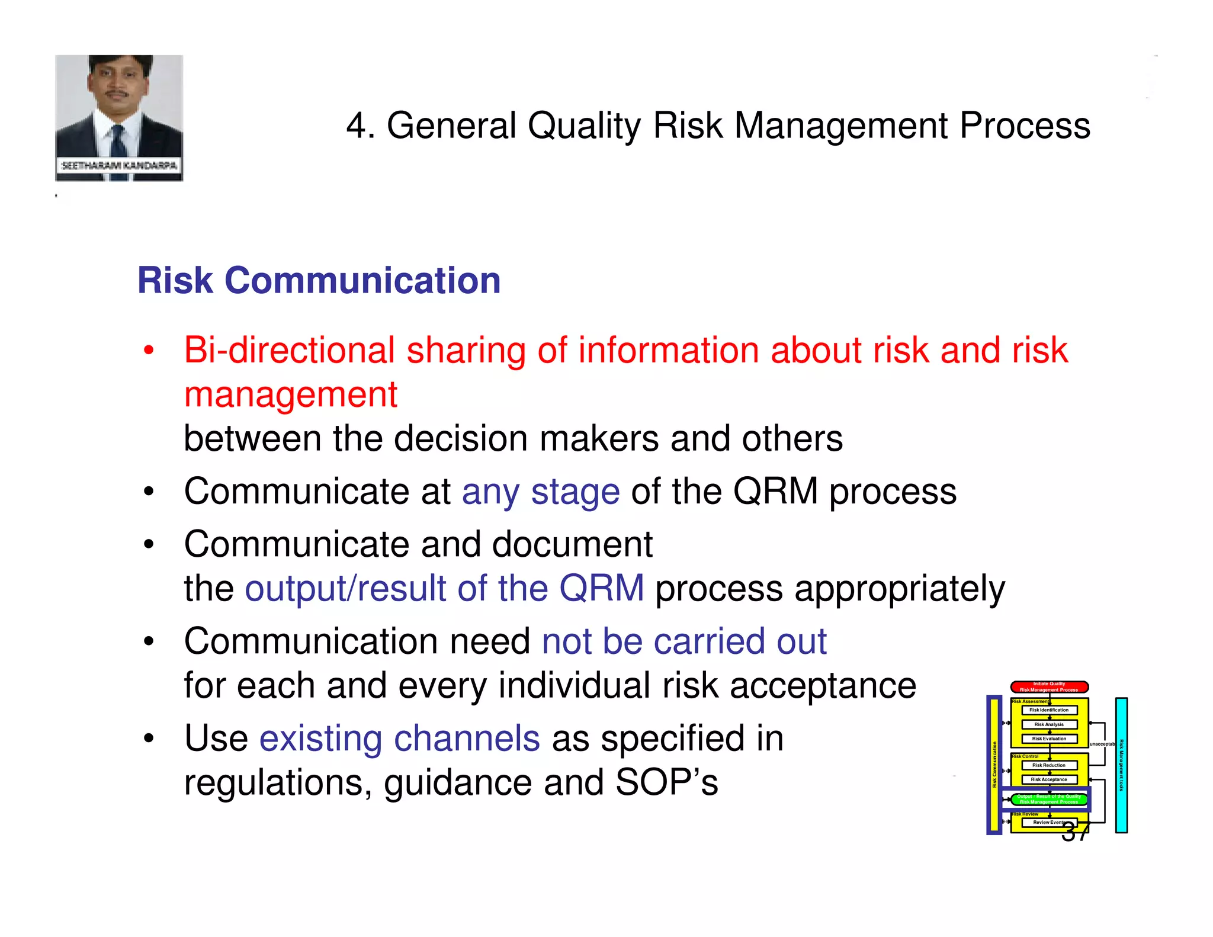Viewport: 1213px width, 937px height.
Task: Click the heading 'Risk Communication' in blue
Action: point(319,280)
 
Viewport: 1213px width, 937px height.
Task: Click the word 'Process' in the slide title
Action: point(1024,126)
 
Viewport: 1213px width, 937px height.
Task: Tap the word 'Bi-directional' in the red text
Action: point(289,350)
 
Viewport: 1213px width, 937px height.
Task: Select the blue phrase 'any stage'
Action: point(540,492)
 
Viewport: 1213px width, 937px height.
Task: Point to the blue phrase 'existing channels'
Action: point(399,739)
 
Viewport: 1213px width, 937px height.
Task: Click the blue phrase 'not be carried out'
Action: point(683,641)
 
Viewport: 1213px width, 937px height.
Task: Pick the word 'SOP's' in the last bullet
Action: point(666,782)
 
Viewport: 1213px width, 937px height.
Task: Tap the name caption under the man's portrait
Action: point(119,166)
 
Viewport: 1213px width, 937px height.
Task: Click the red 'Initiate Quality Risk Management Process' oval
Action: point(1049,687)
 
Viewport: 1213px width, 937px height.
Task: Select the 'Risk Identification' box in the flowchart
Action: point(1049,710)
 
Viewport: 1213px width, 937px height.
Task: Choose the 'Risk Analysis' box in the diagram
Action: point(1049,724)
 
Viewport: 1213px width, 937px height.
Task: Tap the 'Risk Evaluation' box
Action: point(1049,739)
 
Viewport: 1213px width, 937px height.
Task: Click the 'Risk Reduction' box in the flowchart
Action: point(1049,765)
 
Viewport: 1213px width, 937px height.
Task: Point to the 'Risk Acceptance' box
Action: point(1049,779)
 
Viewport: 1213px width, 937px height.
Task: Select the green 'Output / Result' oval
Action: point(1049,799)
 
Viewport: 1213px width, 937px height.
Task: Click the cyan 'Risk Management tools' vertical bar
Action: point(1121,765)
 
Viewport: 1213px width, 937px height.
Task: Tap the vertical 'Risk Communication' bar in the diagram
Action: point(994,765)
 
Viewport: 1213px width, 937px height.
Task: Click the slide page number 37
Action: point(1076,833)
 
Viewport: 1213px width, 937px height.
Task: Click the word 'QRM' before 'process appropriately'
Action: point(601,589)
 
